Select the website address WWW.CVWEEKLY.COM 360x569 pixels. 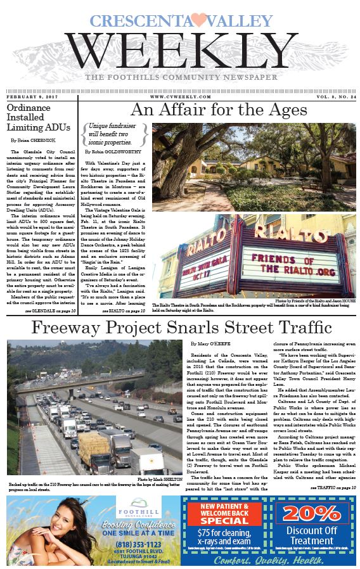coord(181,96)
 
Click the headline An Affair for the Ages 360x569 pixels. coord(219,110)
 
